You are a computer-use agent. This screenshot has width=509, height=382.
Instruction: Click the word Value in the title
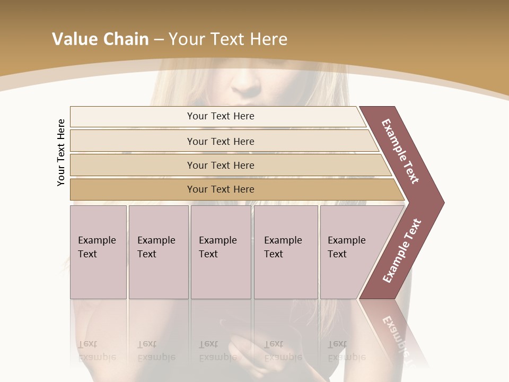[73, 39]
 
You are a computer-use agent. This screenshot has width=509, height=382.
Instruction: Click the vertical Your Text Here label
[61, 152]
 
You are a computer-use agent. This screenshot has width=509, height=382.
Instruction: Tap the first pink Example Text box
[98, 252]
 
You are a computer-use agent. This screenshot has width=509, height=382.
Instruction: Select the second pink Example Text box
[159, 252]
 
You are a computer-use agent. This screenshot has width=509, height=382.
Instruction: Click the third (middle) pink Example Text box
[221, 252]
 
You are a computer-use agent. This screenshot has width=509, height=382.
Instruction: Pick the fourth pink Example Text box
[286, 252]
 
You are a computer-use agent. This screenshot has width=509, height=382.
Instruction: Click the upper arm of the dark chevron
[401, 151]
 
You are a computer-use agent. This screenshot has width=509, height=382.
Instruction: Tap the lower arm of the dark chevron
[401, 252]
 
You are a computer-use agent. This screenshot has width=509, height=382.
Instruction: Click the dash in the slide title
[159, 40]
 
